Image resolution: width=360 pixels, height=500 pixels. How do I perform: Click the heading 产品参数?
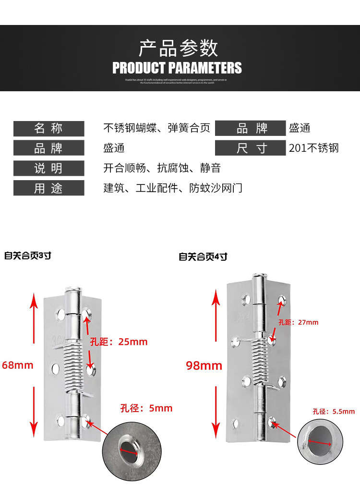coord(178,49)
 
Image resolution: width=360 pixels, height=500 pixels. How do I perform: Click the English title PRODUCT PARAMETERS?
coord(177,68)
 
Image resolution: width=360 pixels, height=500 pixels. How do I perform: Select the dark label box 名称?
coord(48,129)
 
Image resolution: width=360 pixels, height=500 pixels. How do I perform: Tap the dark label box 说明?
coord(48,168)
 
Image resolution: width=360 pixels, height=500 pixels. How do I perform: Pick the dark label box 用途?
coord(48,188)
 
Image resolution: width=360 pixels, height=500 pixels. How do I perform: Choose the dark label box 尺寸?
coord(251,148)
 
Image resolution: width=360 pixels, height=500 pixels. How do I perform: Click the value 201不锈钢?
coord(314,148)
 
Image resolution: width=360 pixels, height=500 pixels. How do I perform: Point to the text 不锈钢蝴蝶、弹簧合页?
coord(157,128)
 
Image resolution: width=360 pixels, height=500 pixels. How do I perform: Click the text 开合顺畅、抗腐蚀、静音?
coord(162,168)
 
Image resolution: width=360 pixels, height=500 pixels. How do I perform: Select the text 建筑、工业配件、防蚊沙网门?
coord(173,188)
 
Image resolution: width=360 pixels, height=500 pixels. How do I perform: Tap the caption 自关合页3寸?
coord(27,256)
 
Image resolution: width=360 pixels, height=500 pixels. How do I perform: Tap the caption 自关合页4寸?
coord(203,257)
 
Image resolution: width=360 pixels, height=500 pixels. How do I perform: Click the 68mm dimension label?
coord(18,365)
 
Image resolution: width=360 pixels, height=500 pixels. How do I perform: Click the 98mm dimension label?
coord(204,366)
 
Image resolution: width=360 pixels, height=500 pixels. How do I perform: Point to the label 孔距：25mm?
coord(119,342)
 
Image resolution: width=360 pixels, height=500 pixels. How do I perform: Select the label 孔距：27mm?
coord(298,322)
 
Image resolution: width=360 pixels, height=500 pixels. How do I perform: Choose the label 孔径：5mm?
coord(146,408)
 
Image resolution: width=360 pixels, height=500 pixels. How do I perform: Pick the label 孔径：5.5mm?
coord(334,411)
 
